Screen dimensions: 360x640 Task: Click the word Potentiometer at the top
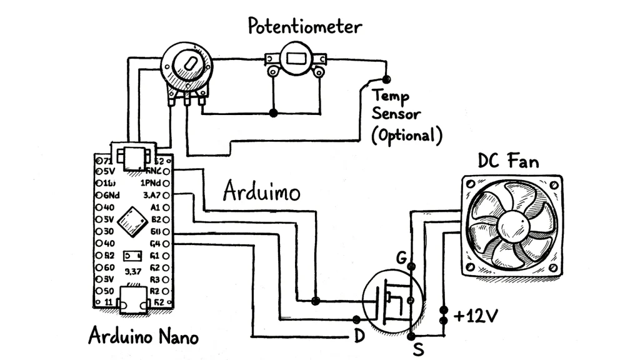point(304,26)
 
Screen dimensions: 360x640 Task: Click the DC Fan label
point(507,161)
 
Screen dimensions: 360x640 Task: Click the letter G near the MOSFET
point(402,257)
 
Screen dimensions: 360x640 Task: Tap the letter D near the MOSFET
point(359,336)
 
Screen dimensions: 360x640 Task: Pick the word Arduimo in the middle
point(261,191)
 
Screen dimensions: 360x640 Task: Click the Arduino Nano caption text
point(143,336)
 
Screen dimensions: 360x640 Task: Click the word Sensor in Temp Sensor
point(396,115)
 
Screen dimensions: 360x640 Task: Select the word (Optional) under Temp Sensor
point(406,135)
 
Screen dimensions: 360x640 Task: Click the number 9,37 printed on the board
point(132,271)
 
